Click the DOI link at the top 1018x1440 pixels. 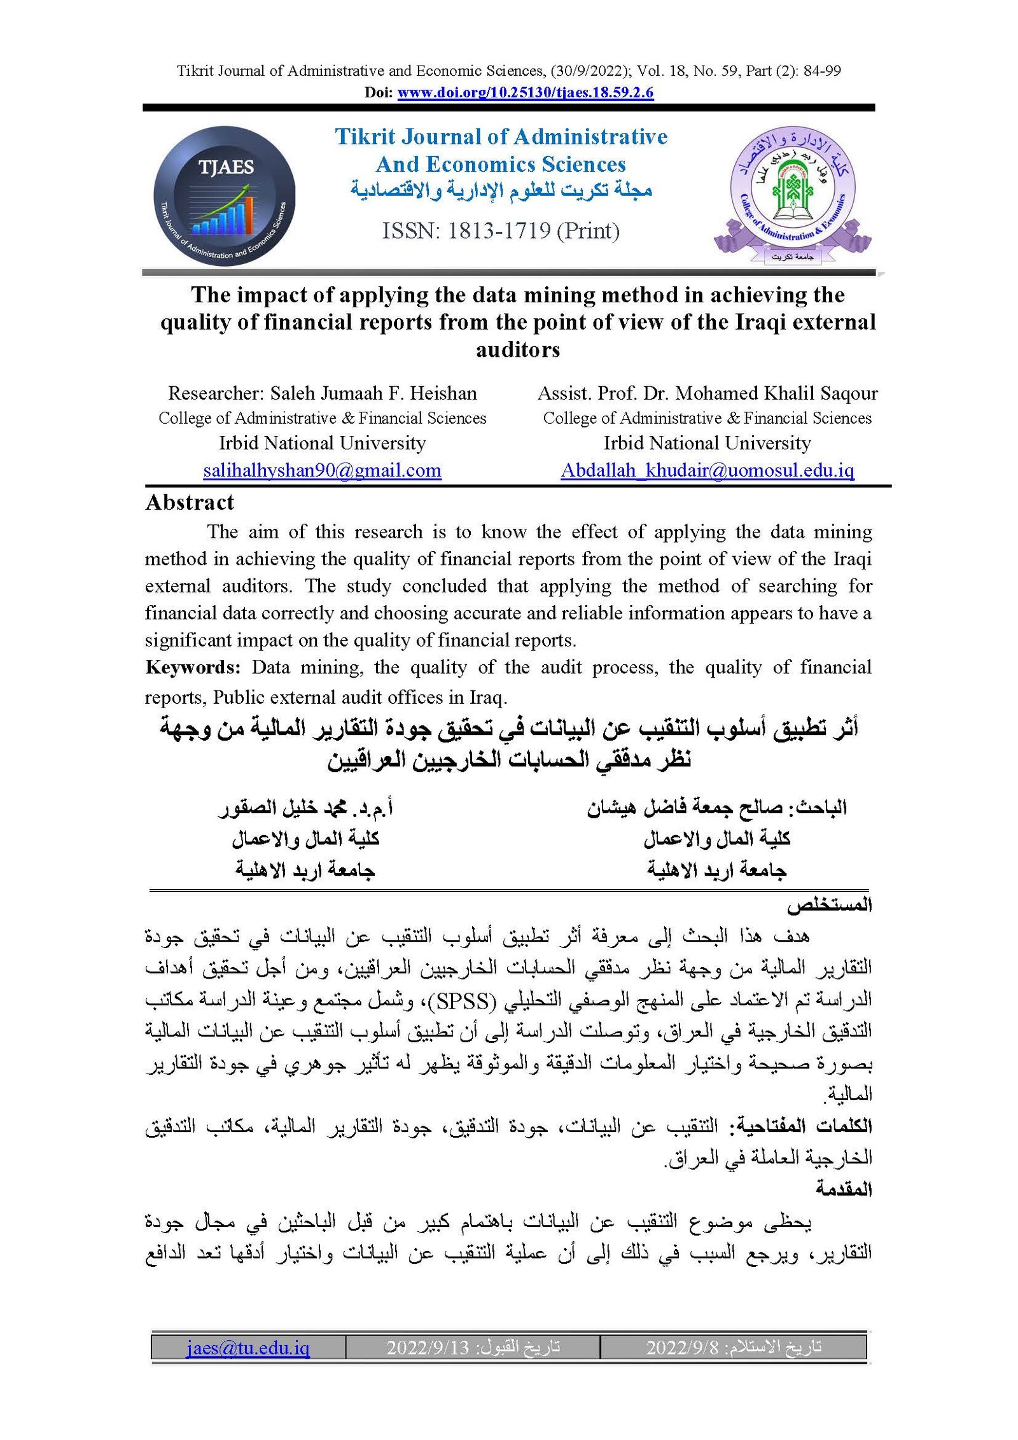(525, 93)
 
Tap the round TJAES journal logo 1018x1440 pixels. (224, 195)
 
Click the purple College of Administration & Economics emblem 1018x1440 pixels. (792, 194)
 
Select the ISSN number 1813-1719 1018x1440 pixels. (499, 231)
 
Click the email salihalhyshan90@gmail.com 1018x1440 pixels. (322, 470)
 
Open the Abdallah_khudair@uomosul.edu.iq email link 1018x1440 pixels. (707, 470)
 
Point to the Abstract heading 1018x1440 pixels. (190, 503)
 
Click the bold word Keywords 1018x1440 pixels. (192, 668)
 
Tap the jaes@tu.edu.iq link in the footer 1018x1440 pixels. (248, 1347)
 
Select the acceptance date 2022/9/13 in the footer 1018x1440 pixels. (428, 1347)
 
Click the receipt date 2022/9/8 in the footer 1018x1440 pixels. (682, 1347)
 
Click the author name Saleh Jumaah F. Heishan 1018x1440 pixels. (373, 393)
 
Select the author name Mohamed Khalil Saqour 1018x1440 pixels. (776, 393)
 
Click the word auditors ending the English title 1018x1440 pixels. (518, 350)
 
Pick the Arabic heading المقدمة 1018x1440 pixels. (844, 1188)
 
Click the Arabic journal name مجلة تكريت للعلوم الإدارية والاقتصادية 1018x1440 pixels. (501, 190)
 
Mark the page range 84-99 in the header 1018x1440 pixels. (822, 71)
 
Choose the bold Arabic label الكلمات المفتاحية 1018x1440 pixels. (804, 1126)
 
